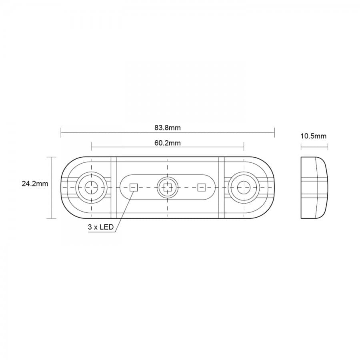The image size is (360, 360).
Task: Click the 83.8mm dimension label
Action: (x=167, y=128)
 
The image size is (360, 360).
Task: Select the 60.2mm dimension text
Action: (x=167, y=143)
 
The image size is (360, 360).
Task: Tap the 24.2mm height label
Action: (x=35, y=184)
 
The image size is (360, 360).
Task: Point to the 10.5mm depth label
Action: (x=313, y=136)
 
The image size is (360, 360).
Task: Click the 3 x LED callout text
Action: (x=101, y=227)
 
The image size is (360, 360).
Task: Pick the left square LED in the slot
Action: (x=133, y=188)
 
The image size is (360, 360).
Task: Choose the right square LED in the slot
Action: (x=201, y=188)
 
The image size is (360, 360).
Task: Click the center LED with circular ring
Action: (x=168, y=188)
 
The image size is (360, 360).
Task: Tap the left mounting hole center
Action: (x=91, y=188)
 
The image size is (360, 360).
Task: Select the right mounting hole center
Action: (x=244, y=188)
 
